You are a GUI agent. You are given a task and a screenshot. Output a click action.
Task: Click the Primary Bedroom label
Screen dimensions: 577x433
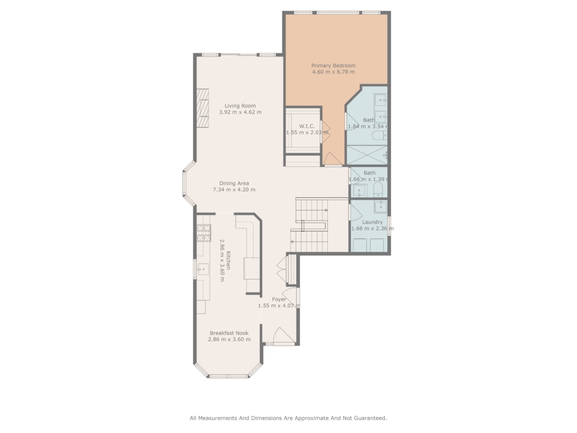(x=334, y=65)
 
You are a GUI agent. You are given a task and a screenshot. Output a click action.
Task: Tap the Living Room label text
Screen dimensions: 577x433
(x=240, y=105)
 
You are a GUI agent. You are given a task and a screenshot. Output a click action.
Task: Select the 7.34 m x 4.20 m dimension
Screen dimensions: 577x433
(x=234, y=189)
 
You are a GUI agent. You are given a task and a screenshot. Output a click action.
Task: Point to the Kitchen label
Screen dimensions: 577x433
(x=229, y=260)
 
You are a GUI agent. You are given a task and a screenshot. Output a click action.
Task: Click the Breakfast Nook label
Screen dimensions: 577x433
(x=229, y=333)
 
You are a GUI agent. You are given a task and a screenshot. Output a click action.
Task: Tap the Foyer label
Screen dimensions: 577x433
(x=279, y=299)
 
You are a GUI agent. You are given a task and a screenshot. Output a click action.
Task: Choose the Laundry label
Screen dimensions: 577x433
(x=372, y=222)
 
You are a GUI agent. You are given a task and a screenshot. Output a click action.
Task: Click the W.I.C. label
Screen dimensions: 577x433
(x=307, y=126)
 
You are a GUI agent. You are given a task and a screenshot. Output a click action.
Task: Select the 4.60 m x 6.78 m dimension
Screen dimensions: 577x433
(x=334, y=72)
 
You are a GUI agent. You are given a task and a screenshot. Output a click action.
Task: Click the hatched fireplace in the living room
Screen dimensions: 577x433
(x=202, y=108)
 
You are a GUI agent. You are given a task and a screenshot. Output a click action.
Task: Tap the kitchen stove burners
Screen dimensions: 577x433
(x=203, y=233)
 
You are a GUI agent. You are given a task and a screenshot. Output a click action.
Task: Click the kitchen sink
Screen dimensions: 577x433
(x=203, y=269)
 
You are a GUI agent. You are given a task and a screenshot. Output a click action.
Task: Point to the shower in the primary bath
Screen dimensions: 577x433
(x=367, y=154)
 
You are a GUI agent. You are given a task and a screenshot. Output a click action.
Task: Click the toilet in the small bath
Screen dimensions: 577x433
(x=378, y=189)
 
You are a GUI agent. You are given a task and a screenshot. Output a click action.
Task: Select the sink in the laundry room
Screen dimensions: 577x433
(x=380, y=206)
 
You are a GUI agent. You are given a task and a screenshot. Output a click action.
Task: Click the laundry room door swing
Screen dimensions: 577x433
(x=356, y=212)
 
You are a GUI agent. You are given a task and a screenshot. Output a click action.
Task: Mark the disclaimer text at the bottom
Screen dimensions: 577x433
(x=288, y=418)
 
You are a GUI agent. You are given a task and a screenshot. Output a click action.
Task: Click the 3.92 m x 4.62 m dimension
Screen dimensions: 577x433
(x=240, y=112)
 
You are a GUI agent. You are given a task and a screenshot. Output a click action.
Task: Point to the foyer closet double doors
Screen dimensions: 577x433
(x=282, y=269)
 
